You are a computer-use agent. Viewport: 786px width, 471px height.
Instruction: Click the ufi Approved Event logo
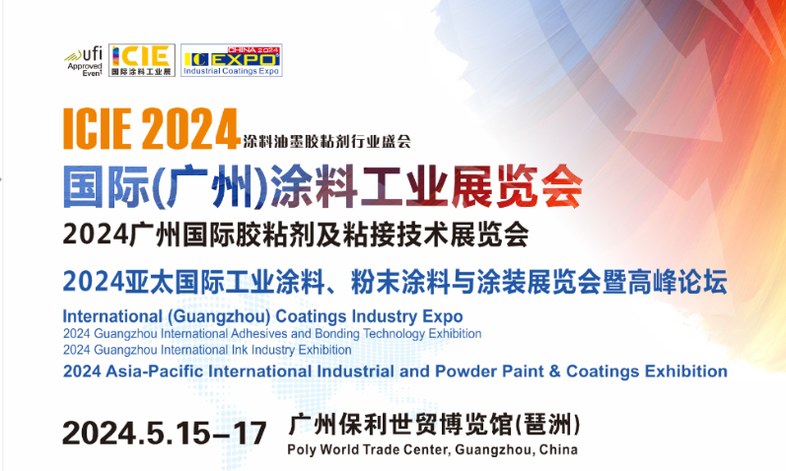click(84, 61)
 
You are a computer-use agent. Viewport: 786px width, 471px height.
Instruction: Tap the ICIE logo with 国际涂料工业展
click(142, 60)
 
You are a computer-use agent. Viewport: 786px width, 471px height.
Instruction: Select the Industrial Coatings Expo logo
click(232, 60)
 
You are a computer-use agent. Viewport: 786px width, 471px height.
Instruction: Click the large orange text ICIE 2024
click(150, 129)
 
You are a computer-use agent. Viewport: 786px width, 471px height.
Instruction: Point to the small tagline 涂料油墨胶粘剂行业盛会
click(326, 141)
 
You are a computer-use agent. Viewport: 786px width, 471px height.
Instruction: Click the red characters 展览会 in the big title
click(517, 186)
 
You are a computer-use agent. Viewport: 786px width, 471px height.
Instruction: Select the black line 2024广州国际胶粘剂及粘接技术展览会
click(296, 235)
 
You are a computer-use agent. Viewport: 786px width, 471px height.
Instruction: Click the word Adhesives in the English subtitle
click(259, 334)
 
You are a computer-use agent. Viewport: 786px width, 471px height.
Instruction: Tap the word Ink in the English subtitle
click(240, 350)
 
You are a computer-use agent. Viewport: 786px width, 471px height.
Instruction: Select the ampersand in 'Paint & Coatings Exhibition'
click(554, 371)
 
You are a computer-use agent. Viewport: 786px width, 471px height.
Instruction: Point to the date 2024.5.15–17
click(165, 433)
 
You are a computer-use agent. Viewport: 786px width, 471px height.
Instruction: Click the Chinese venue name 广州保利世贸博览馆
click(400, 425)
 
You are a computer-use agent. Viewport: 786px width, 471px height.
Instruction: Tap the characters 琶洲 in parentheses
click(546, 425)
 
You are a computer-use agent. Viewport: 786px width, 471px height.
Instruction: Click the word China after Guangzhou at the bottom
click(558, 449)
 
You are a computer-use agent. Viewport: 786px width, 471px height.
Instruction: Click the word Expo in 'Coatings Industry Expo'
click(443, 317)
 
